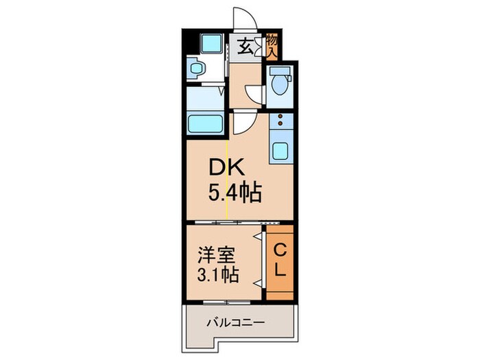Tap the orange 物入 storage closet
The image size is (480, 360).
point(272,47)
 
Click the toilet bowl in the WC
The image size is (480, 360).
point(279,83)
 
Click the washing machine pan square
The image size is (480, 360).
point(206,45)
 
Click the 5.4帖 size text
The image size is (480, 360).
point(235,194)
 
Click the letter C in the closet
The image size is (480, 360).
point(280,249)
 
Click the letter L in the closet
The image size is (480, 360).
point(280,271)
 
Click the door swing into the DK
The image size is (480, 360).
point(243,123)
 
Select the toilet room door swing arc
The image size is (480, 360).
point(253,94)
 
